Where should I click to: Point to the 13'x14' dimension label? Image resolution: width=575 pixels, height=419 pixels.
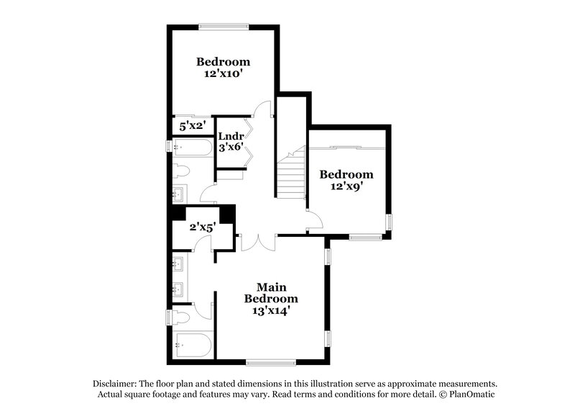click(270, 311)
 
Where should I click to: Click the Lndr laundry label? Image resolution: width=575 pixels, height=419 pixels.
click(231, 136)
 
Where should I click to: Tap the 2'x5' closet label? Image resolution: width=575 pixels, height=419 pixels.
click(203, 227)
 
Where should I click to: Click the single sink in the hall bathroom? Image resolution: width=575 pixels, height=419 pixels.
click(180, 194)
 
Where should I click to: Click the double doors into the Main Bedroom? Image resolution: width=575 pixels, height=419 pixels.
click(256, 242)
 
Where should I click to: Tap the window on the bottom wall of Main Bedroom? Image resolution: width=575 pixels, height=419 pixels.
click(270, 361)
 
